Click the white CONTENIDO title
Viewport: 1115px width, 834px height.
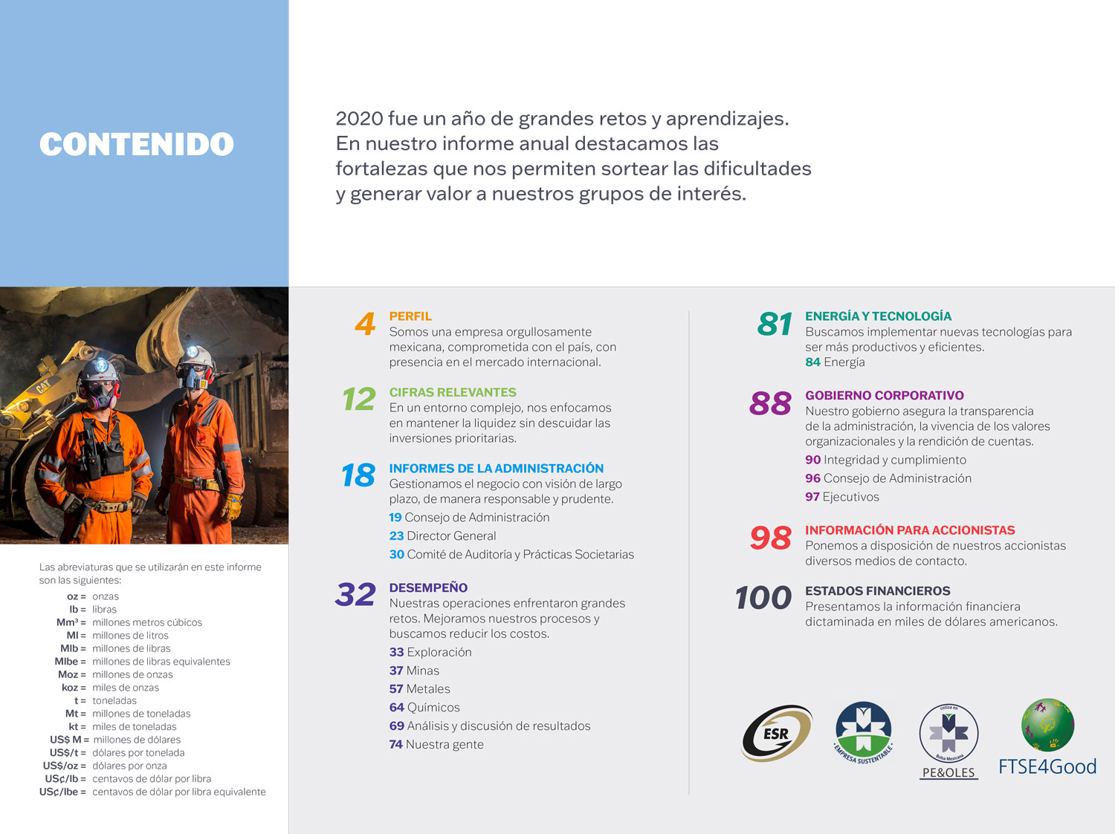[x=137, y=144]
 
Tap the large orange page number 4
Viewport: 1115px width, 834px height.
[x=365, y=325]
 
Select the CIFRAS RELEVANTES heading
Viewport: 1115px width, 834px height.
[x=452, y=392]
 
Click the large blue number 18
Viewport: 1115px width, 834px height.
[x=358, y=475]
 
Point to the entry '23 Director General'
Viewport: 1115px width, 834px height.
[x=442, y=535]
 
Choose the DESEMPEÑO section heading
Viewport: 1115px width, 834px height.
[x=428, y=587]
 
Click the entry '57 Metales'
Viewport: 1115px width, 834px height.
[x=419, y=688]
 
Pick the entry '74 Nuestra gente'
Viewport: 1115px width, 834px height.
[x=436, y=744]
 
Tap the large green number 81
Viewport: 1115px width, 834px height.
[x=775, y=325]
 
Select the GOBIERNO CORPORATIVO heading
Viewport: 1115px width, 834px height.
[x=884, y=395]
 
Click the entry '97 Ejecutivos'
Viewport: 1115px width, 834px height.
[x=841, y=497]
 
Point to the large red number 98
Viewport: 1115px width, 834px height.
[x=770, y=538]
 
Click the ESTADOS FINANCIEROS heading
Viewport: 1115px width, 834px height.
[x=877, y=590]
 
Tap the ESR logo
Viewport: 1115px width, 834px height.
[x=777, y=734]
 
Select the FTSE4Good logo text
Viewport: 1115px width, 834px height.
[x=1047, y=766]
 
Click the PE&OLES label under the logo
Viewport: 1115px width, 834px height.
[x=948, y=772]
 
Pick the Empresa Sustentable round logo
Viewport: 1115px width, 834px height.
[x=863, y=732]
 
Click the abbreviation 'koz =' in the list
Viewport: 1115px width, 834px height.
[x=74, y=688]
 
